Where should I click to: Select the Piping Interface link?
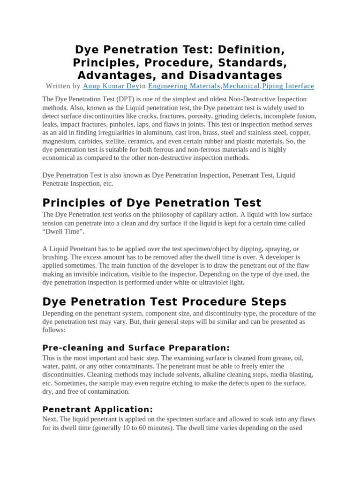(288, 86)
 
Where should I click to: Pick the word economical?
(59, 158)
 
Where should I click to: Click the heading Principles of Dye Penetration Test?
(152, 202)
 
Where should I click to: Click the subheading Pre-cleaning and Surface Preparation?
(136, 347)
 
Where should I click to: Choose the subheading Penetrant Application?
(97, 396)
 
